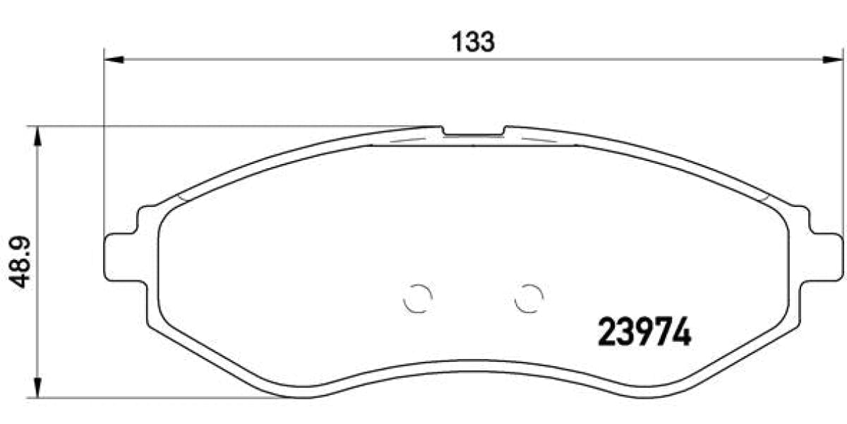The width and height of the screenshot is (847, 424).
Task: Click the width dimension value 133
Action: [x=472, y=42]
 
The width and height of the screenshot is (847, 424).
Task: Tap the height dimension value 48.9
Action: [x=20, y=262]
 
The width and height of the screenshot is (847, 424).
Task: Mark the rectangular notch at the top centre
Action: [x=474, y=133]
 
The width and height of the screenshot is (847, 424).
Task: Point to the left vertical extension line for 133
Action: [x=104, y=141]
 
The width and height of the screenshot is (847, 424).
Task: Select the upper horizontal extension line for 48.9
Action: [x=212, y=127]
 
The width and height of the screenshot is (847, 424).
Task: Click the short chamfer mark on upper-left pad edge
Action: [x=182, y=197]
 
